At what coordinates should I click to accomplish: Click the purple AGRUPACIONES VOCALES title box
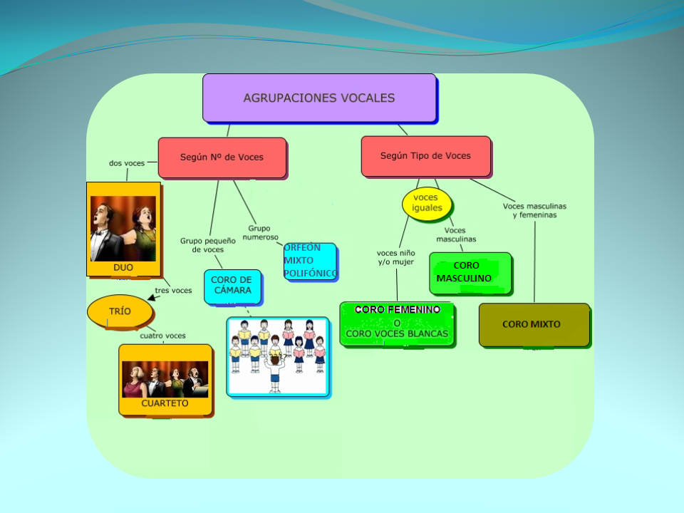click(318, 98)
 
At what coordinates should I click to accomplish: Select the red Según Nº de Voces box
click(222, 157)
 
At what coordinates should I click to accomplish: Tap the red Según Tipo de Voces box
click(425, 156)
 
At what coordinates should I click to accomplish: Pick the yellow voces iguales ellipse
click(427, 203)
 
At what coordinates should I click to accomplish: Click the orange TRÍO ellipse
click(120, 311)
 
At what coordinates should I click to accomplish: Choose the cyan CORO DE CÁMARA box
click(232, 285)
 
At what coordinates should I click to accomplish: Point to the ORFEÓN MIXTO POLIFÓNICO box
click(310, 261)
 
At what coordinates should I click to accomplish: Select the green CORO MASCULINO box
click(470, 272)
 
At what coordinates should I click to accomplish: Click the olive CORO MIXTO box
click(534, 324)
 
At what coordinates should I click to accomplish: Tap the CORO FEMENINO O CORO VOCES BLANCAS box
click(397, 322)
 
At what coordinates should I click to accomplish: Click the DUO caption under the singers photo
click(123, 268)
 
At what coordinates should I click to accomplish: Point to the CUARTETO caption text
click(165, 403)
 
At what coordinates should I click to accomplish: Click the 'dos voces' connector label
click(127, 163)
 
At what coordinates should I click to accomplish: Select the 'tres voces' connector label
click(173, 290)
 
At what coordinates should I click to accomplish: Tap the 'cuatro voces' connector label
click(162, 336)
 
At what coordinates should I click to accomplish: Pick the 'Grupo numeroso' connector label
click(259, 233)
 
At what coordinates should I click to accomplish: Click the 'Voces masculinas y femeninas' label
click(534, 210)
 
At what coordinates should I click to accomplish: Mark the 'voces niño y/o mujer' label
click(395, 257)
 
